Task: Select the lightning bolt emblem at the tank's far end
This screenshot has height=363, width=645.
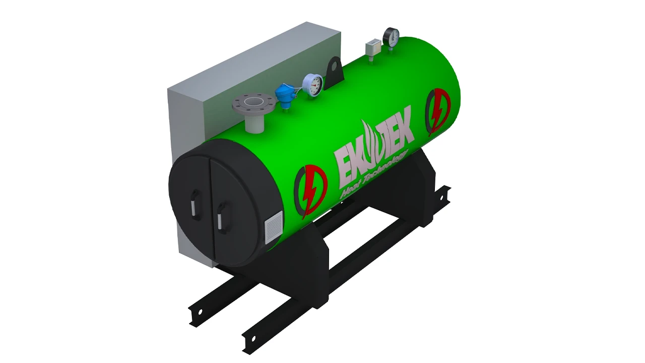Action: [438, 111]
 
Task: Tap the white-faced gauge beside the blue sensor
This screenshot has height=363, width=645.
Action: [312, 84]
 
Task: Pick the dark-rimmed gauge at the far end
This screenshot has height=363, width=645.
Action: [391, 36]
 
